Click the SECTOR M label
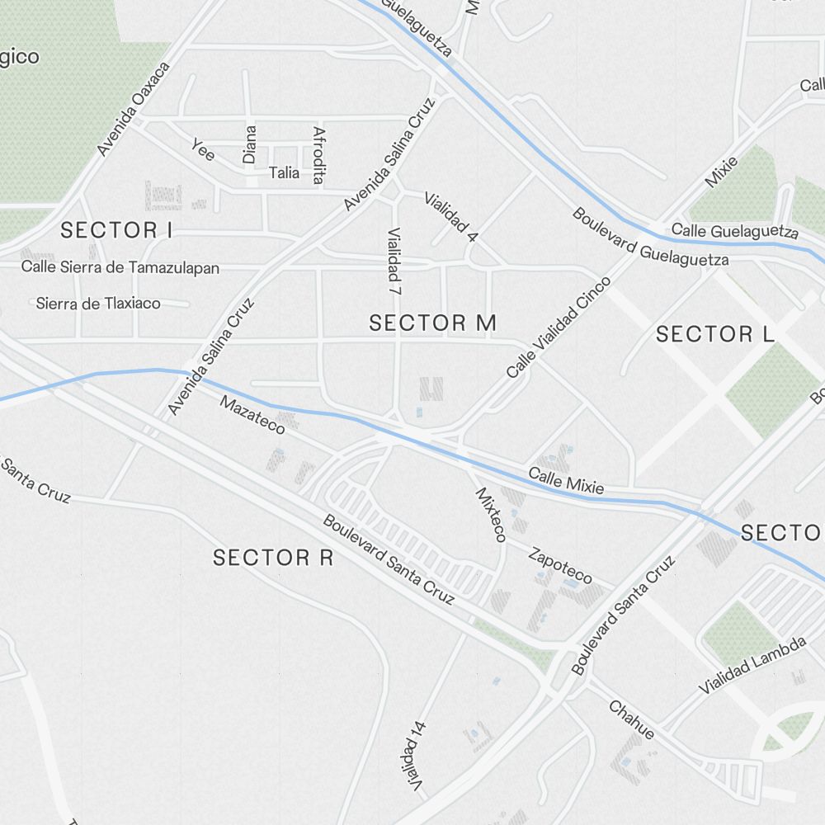coord(432,323)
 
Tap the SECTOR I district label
coord(116,230)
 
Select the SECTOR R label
coord(273,558)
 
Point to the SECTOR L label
coord(715,334)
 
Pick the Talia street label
coord(284,173)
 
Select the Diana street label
coord(250,144)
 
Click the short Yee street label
coord(203,149)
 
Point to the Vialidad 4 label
coord(450,216)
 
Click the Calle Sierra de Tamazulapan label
coord(120,267)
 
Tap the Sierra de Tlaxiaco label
coord(98,303)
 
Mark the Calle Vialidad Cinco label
coord(559,328)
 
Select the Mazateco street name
coord(252,414)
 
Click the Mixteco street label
coord(490,514)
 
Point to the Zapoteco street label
coord(560,566)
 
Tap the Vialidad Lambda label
coord(752,665)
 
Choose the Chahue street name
coord(632,719)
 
